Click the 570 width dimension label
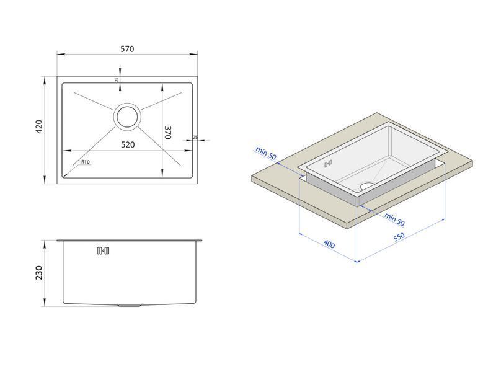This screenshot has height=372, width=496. [127, 49]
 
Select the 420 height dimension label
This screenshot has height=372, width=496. [38, 126]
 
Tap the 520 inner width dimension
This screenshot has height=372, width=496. [128, 144]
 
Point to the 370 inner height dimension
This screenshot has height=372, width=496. [168, 133]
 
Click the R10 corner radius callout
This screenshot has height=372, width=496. [86, 162]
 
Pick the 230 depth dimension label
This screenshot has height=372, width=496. [38, 273]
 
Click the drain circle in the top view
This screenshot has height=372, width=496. [127, 117]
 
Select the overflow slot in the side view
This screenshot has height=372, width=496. [103, 251]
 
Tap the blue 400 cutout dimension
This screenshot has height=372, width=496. [329, 244]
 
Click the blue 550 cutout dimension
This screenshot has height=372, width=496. [399, 237]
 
